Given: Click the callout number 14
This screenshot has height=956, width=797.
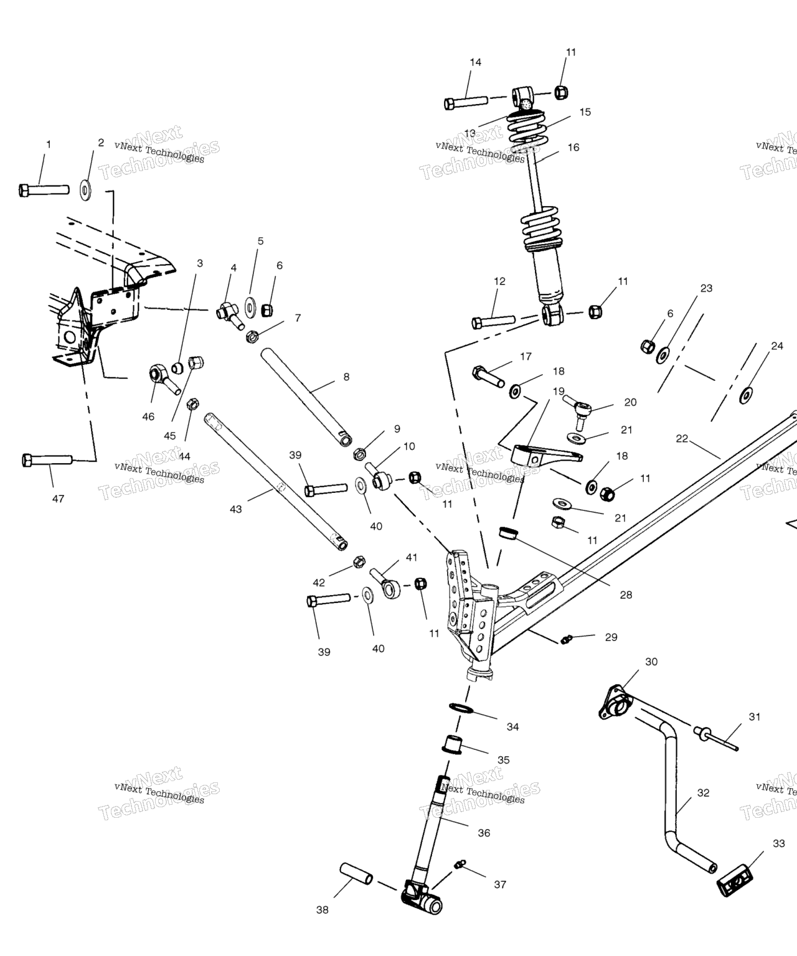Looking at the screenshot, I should point(475,62).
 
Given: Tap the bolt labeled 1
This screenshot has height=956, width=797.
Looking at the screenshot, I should point(43,189).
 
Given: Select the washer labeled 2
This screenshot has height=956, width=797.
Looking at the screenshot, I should point(85,190).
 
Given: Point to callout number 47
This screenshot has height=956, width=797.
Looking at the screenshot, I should point(58,499).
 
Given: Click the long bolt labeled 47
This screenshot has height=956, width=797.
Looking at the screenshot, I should point(47,461).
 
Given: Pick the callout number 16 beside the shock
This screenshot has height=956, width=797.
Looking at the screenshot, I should point(573,148).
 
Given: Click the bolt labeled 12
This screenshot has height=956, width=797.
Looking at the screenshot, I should point(493,322).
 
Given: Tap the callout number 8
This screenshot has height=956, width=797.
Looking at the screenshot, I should point(346,377).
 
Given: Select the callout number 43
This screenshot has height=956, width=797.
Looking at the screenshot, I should point(235,509).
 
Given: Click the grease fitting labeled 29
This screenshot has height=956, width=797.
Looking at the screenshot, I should point(566,639).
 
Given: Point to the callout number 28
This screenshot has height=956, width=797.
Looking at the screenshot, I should point(626,595).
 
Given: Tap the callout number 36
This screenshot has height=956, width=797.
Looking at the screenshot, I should point(484,833).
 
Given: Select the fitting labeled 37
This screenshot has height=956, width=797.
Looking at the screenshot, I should point(460,864).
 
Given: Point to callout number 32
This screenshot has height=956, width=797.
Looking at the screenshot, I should point(703,793).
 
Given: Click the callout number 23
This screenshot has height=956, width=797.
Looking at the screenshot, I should point(706,288).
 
